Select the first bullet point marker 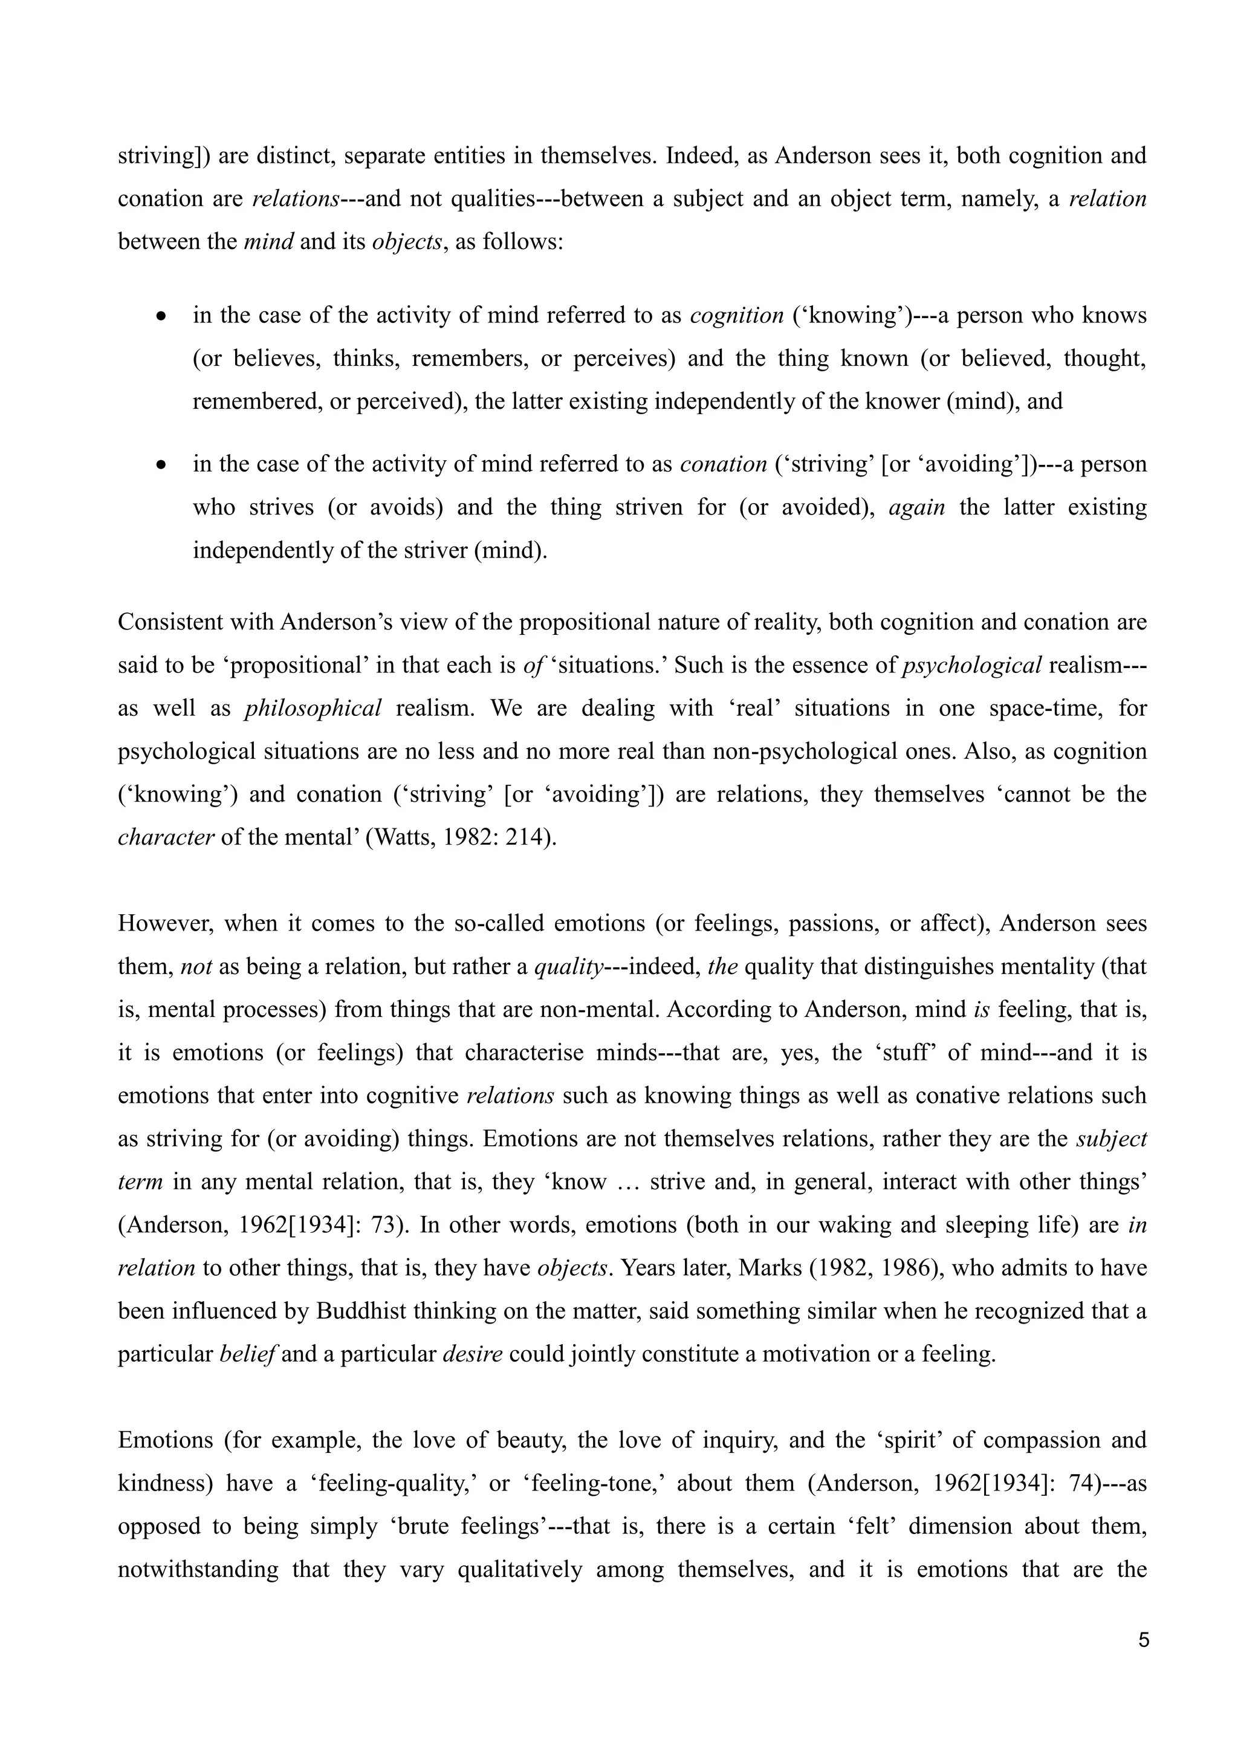pyautogui.click(x=161, y=316)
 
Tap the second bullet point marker pyautogui.click(x=161, y=464)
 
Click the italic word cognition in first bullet pyautogui.click(x=736, y=316)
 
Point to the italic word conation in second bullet pyautogui.click(x=723, y=464)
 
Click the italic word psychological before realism pyautogui.click(x=971, y=666)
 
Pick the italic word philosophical pyautogui.click(x=313, y=709)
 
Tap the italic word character pyautogui.click(x=166, y=837)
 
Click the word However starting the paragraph pyautogui.click(x=163, y=923)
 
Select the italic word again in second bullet pyautogui.click(x=917, y=507)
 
